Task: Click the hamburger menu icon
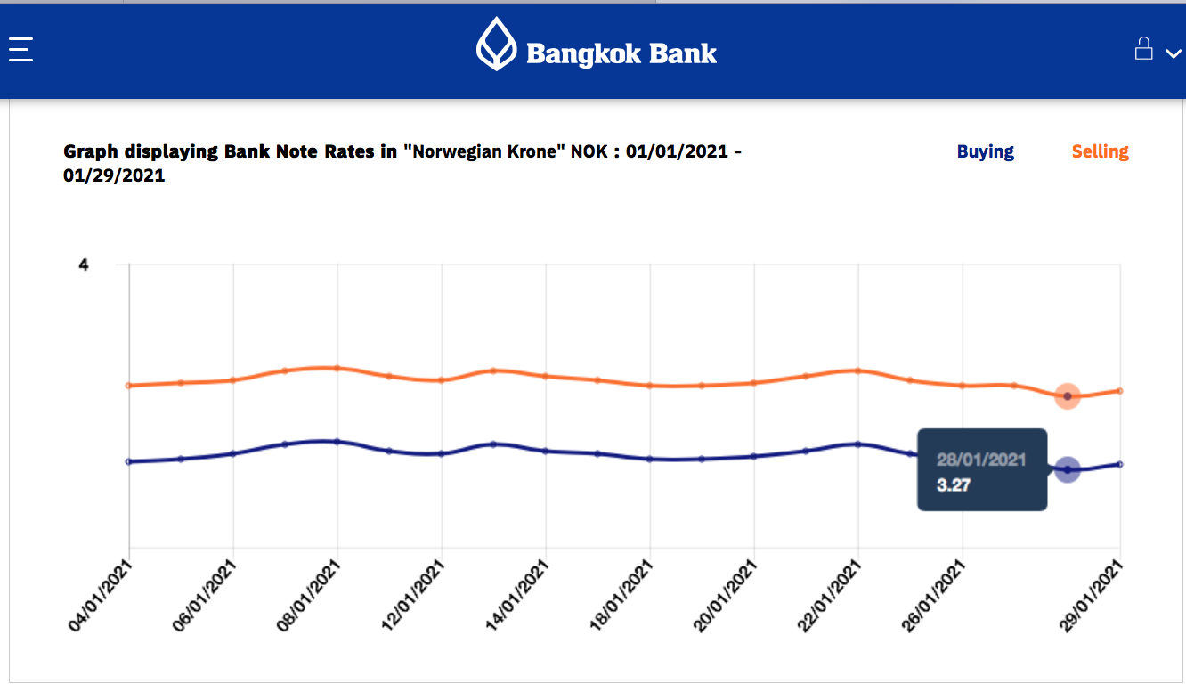coord(20,49)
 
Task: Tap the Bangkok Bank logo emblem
coord(496,44)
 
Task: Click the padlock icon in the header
coord(1143,48)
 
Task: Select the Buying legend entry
coord(985,151)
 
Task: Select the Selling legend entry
coord(1100,151)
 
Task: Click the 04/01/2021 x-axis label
coord(101,597)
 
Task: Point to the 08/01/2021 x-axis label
coord(309,597)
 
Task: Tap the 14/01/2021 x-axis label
coord(517,597)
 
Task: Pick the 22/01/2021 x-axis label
coord(830,597)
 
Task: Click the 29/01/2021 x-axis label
coord(1092,597)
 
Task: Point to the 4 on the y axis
coord(84,265)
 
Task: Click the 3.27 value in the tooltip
coord(953,485)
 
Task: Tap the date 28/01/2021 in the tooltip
coord(981,460)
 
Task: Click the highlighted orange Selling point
coord(1068,396)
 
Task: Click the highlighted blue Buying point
coord(1068,469)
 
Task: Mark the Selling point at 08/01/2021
coord(337,368)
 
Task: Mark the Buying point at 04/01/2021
coord(129,461)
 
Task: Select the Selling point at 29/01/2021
coord(1119,390)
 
